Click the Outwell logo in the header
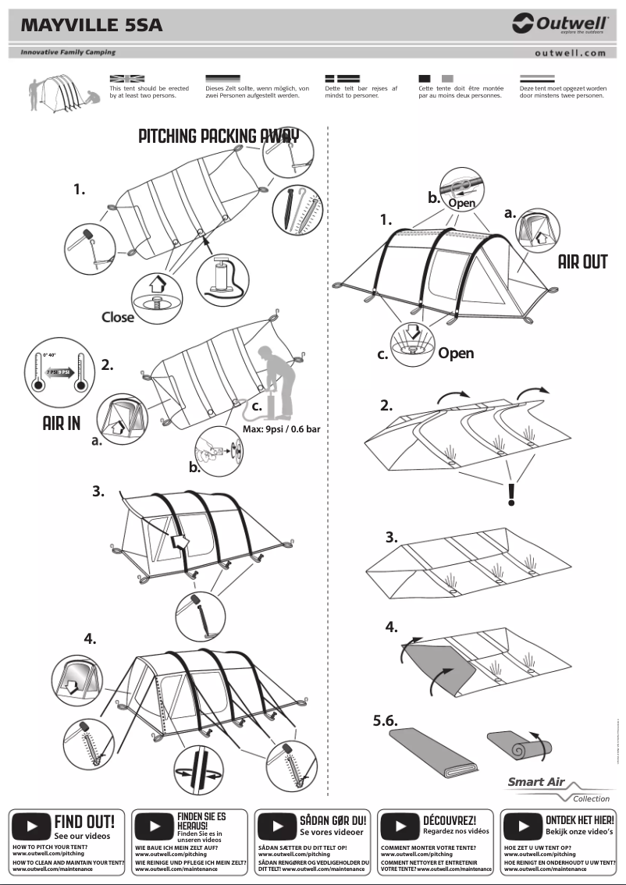pyautogui.click(x=560, y=25)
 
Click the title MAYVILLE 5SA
pyautogui.click(x=91, y=26)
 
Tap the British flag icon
pyautogui.click(x=127, y=79)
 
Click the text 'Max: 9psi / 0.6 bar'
pyautogui.click(x=276, y=430)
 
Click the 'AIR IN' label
pyautogui.click(x=62, y=424)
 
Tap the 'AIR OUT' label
pyautogui.click(x=582, y=262)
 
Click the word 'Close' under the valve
pyautogui.click(x=118, y=317)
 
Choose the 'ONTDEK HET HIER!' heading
pyautogui.click(x=580, y=820)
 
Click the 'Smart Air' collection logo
pyautogui.click(x=539, y=782)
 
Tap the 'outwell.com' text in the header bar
pyautogui.click(x=571, y=53)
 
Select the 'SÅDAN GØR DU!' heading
pyautogui.click(x=333, y=820)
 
